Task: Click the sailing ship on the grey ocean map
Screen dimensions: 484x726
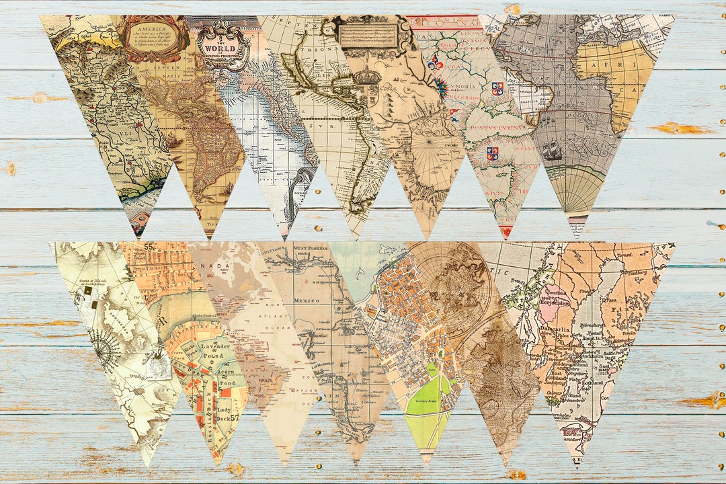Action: coord(553,151)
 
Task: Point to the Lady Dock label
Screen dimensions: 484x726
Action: coord(223,412)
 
